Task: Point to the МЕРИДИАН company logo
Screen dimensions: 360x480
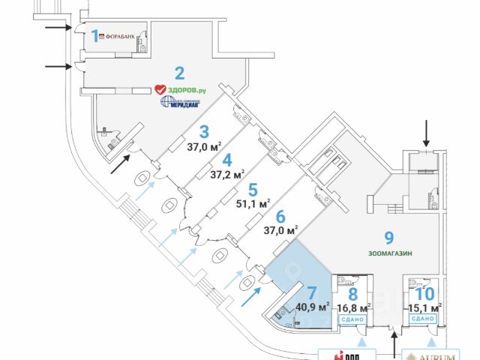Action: click(x=178, y=103)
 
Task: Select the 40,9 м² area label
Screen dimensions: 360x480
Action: click(x=313, y=306)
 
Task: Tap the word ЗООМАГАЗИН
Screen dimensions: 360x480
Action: click(x=388, y=253)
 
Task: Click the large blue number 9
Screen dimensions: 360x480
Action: click(x=389, y=238)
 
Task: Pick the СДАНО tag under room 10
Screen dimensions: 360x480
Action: click(x=423, y=319)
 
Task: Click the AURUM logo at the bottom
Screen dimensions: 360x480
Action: click(x=436, y=354)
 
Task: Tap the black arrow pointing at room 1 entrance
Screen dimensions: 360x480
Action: click(x=59, y=28)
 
